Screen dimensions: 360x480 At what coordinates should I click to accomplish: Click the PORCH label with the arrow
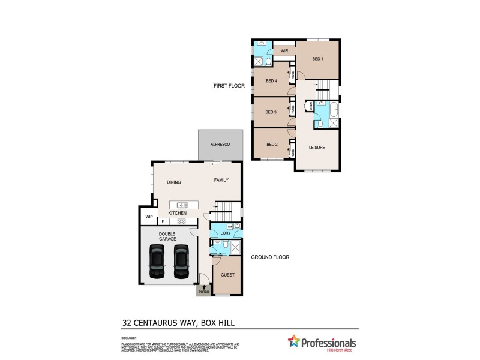[203, 290]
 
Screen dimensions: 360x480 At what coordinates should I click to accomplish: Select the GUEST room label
[228, 275]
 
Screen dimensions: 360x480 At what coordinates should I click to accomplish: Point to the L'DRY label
[226, 233]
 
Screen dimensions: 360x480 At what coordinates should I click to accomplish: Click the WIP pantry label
[148, 217]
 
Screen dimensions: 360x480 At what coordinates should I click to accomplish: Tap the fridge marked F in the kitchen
[162, 221]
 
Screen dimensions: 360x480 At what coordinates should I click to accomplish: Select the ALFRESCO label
[220, 145]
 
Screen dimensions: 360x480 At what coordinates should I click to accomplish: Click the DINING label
[174, 182]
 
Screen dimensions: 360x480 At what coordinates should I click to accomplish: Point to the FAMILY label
[221, 180]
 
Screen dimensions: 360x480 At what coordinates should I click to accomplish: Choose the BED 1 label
[317, 59]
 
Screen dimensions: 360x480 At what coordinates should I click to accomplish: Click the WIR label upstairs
[284, 51]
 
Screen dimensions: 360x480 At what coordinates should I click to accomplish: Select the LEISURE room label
[317, 147]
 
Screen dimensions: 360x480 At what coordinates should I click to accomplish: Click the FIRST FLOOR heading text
[229, 86]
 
